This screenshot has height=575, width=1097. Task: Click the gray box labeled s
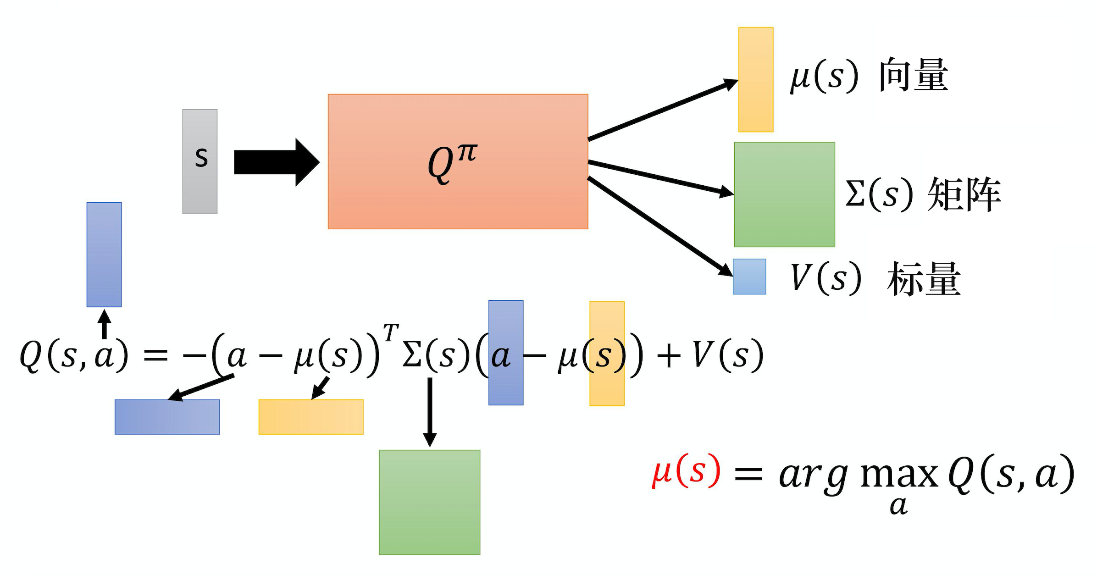tap(200, 161)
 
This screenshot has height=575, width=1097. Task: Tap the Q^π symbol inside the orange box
tap(452, 162)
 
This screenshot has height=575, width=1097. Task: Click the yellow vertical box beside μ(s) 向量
tap(756, 80)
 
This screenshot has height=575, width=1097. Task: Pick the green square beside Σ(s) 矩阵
tap(784, 194)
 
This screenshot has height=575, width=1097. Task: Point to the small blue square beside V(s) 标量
tap(749, 276)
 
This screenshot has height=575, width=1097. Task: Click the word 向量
tap(913, 75)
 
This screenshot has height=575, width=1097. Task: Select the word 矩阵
tap(964, 194)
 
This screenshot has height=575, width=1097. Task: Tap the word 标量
tap(924, 278)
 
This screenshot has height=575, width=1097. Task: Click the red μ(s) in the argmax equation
tap(686, 471)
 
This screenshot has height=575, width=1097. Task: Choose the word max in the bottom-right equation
tap(899, 475)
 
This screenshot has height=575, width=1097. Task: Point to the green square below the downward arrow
tap(429, 502)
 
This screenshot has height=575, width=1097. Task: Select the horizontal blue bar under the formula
tap(167, 417)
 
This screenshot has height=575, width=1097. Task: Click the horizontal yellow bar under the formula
tap(311, 417)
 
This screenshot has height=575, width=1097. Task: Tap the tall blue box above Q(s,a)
tap(104, 254)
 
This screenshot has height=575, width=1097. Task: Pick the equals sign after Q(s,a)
tap(155, 356)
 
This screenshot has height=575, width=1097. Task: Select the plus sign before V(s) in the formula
tap(668, 356)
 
